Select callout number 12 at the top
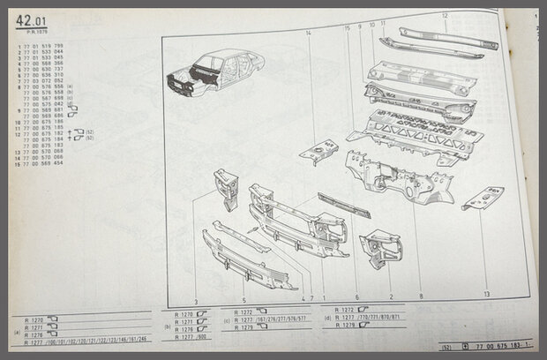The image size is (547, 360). (x=444, y=16)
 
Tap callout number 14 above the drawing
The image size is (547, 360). (x=309, y=32)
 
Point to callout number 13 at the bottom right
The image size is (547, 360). (x=485, y=294)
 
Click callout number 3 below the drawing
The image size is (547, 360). (x=195, y=277)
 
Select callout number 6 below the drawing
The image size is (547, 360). (x=356, y=297)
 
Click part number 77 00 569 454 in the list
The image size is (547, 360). (x=47, y=162)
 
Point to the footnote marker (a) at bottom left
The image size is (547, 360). (x=17, y=333)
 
